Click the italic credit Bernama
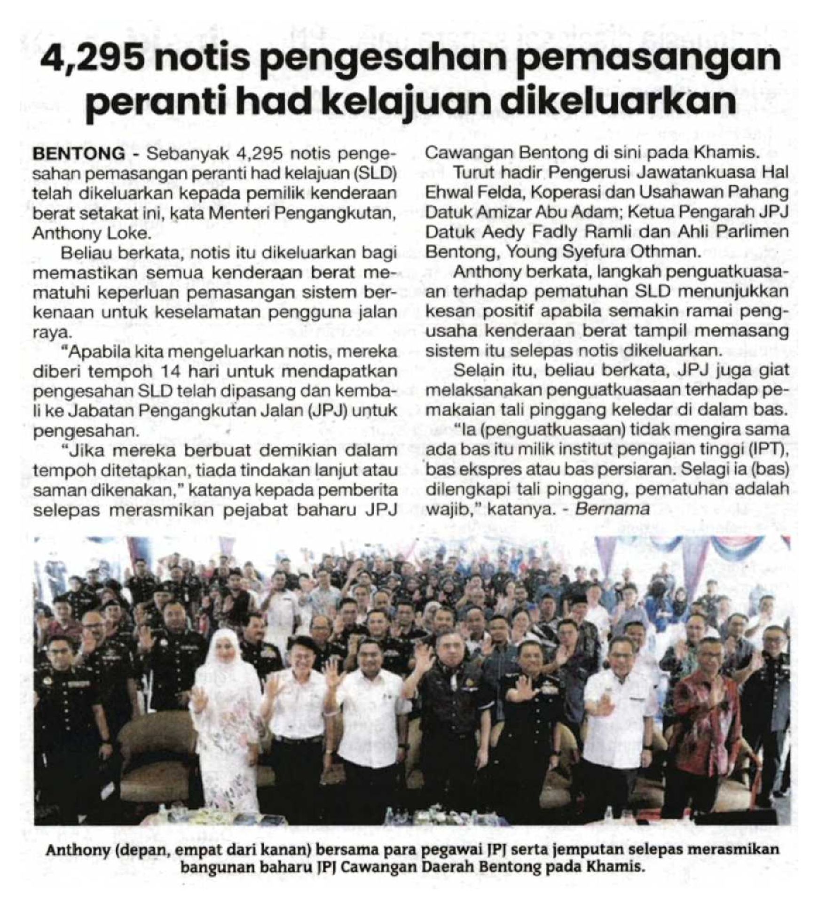[612, 510]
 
